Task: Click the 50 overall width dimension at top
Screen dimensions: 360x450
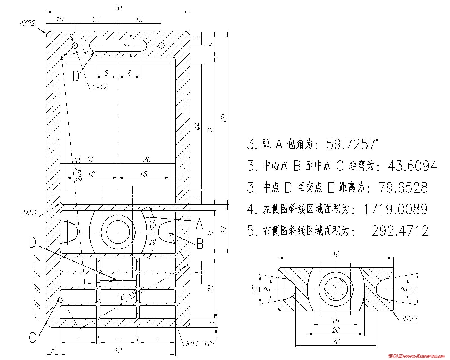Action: tap(118, 8)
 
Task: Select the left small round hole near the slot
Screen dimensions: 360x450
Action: tap(75, 45)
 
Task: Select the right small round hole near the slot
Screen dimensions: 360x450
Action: tap(161, 45)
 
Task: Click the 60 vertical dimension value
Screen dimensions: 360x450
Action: tap(224, 118)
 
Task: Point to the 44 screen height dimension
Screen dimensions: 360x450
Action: tap(198, 126)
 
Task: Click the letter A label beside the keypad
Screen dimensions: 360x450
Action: tap(199, 224)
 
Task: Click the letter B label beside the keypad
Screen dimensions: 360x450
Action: tap(200, 244)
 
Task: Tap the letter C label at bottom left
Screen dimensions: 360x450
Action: tap(33, 337)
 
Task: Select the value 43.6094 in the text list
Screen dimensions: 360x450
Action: tap(412, 166)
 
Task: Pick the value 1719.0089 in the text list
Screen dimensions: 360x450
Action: tap(395, 209)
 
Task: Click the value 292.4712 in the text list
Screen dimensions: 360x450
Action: tap(400, 231)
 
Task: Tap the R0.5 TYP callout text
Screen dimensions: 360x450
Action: tap(200, 344)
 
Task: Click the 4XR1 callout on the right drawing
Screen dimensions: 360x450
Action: tap(410, 318)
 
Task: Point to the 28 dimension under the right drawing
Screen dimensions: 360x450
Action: tap(336, 342)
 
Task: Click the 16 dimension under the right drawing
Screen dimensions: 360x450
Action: tap(336, 321)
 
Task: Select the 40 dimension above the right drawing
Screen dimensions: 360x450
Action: tap(336, 254)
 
